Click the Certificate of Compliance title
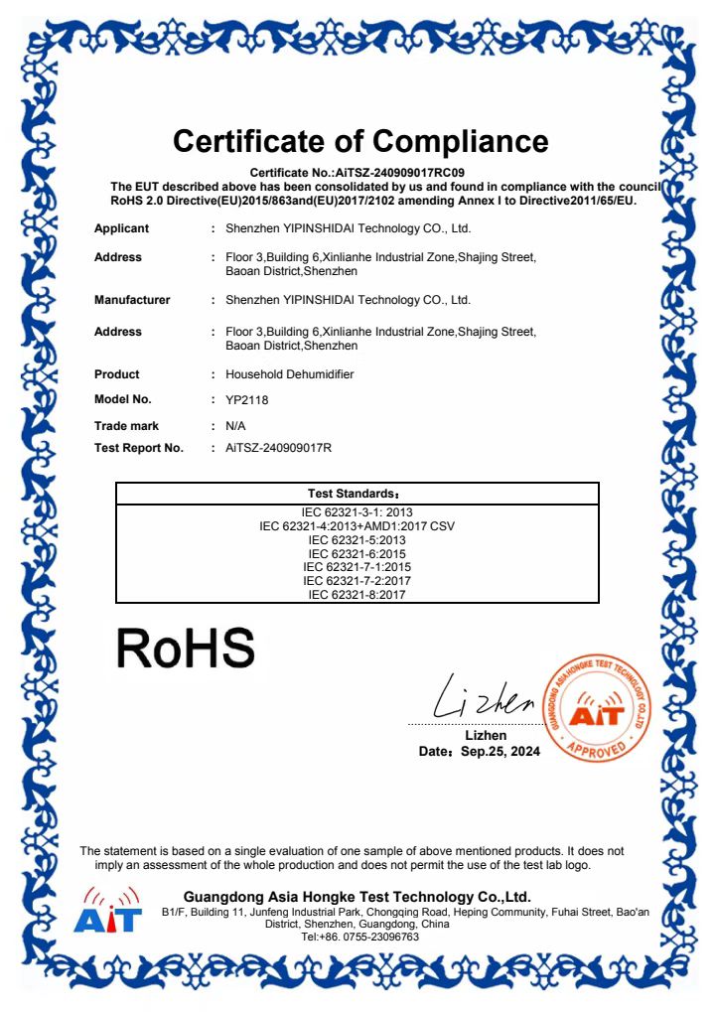pyautogui.click(x=360, y=140)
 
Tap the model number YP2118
pyautogui.click(x=247, y=399)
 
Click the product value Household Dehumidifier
pyautogui.click(x=290, y=374)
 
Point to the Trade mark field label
pyautogui.click(x=126, y=425)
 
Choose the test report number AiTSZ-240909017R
pyautogui.click(x=278, y=448)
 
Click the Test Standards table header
pyautogui.click(x=357, y=494)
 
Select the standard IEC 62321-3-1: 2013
pyautogui.click(x=357, y=511)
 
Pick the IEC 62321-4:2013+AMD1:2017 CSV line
pyautogui.click(x=357, y=525)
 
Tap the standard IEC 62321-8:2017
pyautogui.click(x=357, y=595)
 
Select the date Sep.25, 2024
pyautogui.click(x=500, y=752)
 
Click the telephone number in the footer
pyautogui.click(x=359, y=937)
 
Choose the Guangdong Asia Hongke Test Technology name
pyautogui.click(x=357, y=897)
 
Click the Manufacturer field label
pyautogui.click(x=132, y=300)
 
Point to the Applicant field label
pyautogui.click(x=121, y=228)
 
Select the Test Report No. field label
pyautogui.click(x=139, y=448)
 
